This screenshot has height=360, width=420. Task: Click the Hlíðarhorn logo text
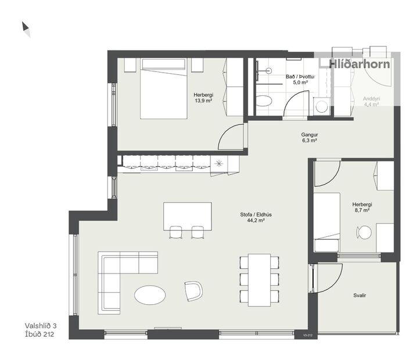[359, 64]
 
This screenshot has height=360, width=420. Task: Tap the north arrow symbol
[26, 28]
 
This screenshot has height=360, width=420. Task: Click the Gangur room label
[309, 134]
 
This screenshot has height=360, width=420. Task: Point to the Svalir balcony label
[359, 296]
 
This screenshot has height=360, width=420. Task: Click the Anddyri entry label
[371, 99]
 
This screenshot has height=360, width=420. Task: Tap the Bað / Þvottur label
[300, 77]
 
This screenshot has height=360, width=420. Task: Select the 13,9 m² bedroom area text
[203, 100]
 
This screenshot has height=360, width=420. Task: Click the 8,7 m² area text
[362, 211]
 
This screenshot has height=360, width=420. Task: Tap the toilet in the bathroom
[263, 101]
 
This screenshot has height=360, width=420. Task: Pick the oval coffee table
[150, 295]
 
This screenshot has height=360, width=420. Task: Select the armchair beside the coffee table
[193, 290]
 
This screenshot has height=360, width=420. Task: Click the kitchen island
[187, 214]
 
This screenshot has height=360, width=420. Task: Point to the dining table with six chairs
[259, 279]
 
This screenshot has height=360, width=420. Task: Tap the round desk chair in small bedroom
[364, 233]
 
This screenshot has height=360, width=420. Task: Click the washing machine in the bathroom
[321, 106]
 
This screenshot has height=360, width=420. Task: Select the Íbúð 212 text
[44, 334]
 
